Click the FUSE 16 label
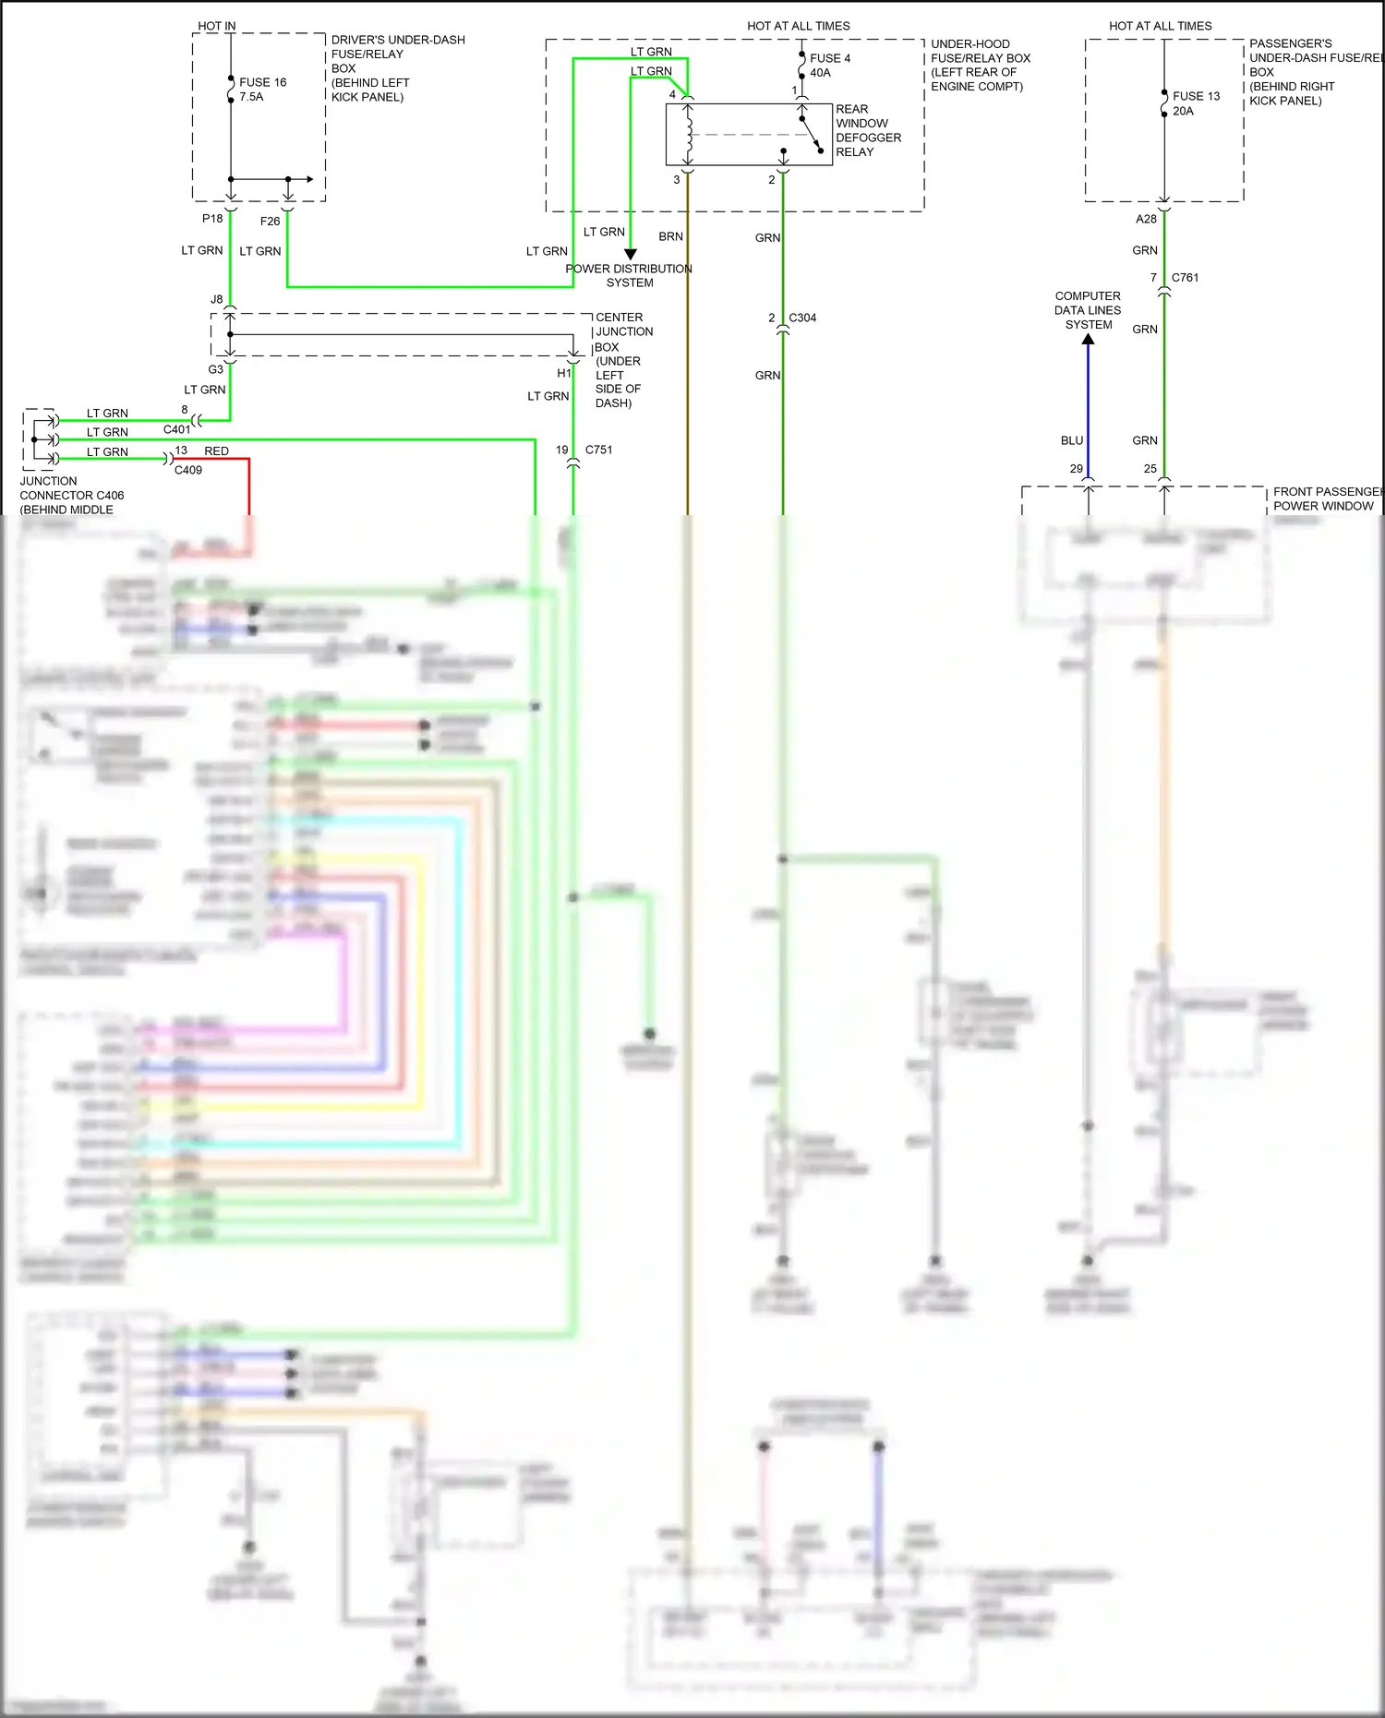click(262, 83)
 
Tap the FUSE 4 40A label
click(829, 66)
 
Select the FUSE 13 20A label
click(1195, 103)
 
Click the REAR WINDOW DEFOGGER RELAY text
click(867, 130)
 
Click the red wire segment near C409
click(248, 485)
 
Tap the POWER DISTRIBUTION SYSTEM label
click(629, 275)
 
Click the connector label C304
click(802, 318)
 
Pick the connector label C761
click(1185, 277)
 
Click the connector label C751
click(598, 450)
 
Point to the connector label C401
click(176, 429)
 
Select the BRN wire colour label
click(670, 236)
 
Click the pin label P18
click(212, 219)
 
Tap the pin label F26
click(270, 222)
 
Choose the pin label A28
click(1146, 219)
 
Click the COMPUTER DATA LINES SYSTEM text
click(1088, 310)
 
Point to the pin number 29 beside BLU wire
click(1076, 469)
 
